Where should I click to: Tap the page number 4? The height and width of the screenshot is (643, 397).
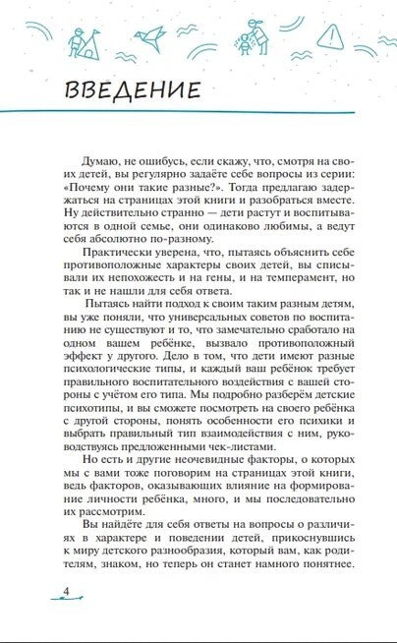38,590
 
